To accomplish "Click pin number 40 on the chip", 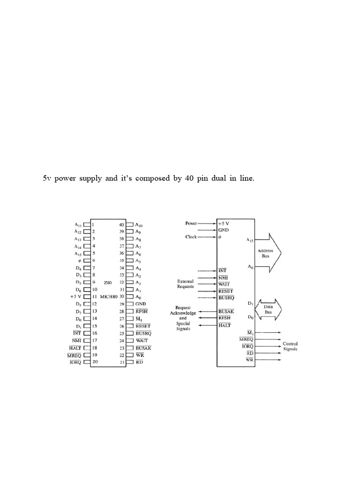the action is pos(121,225).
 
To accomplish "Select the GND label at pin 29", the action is pos(141,304).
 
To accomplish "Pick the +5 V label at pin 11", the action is pos(76,297).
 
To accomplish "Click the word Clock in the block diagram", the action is pos(191,237).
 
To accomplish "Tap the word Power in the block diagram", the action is pos(192,223).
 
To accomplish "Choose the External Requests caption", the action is pos(185,284).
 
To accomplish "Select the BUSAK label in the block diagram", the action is pos(226,311).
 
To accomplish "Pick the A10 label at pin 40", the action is pos(139,225).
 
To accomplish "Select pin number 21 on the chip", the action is pos(121,362).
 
